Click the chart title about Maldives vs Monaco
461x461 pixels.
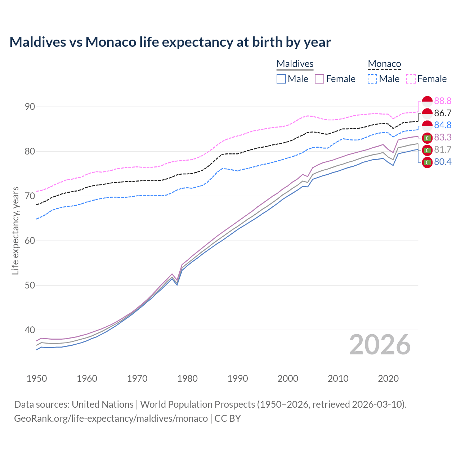(x=170, y=42)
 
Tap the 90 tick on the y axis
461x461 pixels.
(x=30, y=107)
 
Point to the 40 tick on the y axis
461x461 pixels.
(x=30, y=330)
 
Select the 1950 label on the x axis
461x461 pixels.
(x=37, y=379)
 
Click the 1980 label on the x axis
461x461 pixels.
(x=187, y=379)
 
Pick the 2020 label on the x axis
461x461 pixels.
(x=388, y=379)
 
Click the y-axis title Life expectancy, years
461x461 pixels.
(x=15, y=230)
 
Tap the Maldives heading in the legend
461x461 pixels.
(x=295, y=64)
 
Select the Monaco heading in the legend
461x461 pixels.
(x=384, y=64)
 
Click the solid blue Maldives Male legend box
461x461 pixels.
(x=281, y=79)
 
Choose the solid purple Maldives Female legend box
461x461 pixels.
(x=319, y=79)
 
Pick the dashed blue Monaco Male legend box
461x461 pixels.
(x=372, y=79)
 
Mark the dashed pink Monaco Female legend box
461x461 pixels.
(x=411, y=79)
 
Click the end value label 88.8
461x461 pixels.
(x=443, y=101)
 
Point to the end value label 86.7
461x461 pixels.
(x=443, y=113)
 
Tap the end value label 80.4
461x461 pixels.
(x=443, y=162)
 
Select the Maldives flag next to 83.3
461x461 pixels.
(x=427, y=138)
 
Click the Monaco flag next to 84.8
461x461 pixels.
(x=427, y=126)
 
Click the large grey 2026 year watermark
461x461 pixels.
(x=380, y=345)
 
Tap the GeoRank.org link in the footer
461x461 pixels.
(x=111, y=419)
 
